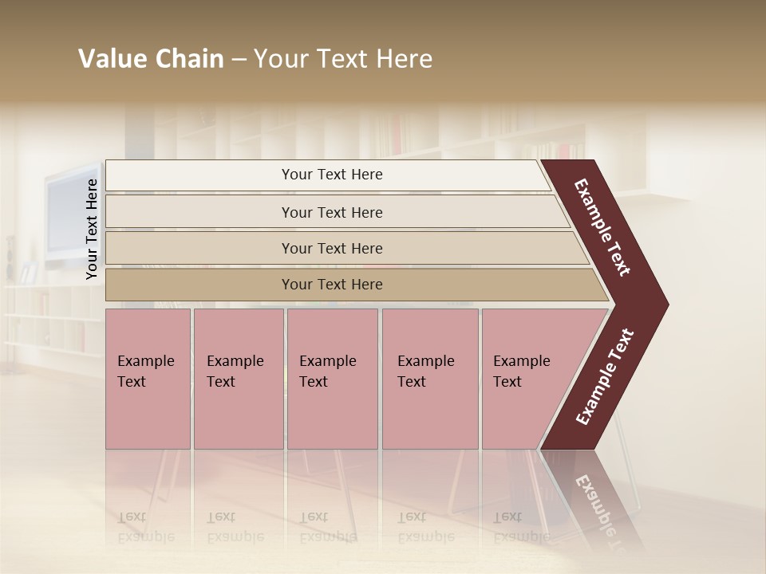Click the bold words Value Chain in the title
click(151, 59)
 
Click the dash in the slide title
click(239, 59)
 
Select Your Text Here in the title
click(343, 59)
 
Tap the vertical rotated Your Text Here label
click(92, 229)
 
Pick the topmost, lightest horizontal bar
click(332, 175)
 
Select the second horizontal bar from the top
click(332, 212)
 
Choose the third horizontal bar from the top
click(332, 248)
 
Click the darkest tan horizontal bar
click(332, 285)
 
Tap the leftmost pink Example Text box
click(148, 379)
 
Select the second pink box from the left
click(239, 379)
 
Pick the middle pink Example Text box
click(332, 379)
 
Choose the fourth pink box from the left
click(430, 379)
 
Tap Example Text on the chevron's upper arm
click(602, 227)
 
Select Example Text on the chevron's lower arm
click(605, 377)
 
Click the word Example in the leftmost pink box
click(145, 361)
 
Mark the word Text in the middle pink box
click(314, 382)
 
